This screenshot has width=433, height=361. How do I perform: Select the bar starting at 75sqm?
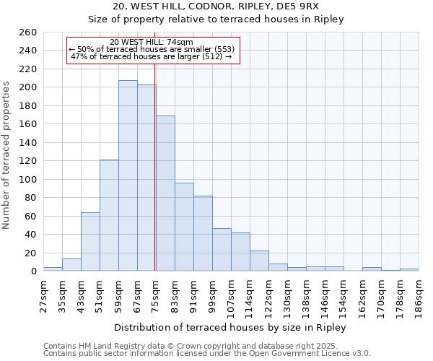[165, 193]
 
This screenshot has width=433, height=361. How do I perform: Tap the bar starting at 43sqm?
[90, 241]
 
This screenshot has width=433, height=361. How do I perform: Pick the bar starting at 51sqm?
[109, 215]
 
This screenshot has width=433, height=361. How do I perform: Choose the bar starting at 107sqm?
[240, 251]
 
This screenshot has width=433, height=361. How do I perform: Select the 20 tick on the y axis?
[31, 253]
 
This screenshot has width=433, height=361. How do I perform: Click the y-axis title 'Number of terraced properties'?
[6, 155]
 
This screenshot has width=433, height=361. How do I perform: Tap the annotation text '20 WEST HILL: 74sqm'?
[152, 42]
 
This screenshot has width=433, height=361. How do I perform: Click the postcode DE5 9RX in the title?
[310, 6]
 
